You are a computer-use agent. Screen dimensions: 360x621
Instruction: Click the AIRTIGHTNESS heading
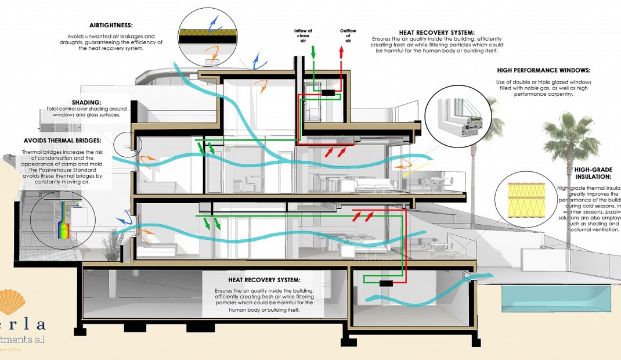(x=111, y=26)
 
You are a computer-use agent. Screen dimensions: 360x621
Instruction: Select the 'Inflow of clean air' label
(x=303, y=35)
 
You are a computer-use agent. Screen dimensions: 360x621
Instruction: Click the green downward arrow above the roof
(x=313, y=53)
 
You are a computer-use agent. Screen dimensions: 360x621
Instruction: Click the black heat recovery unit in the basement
(x=386, y=283)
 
